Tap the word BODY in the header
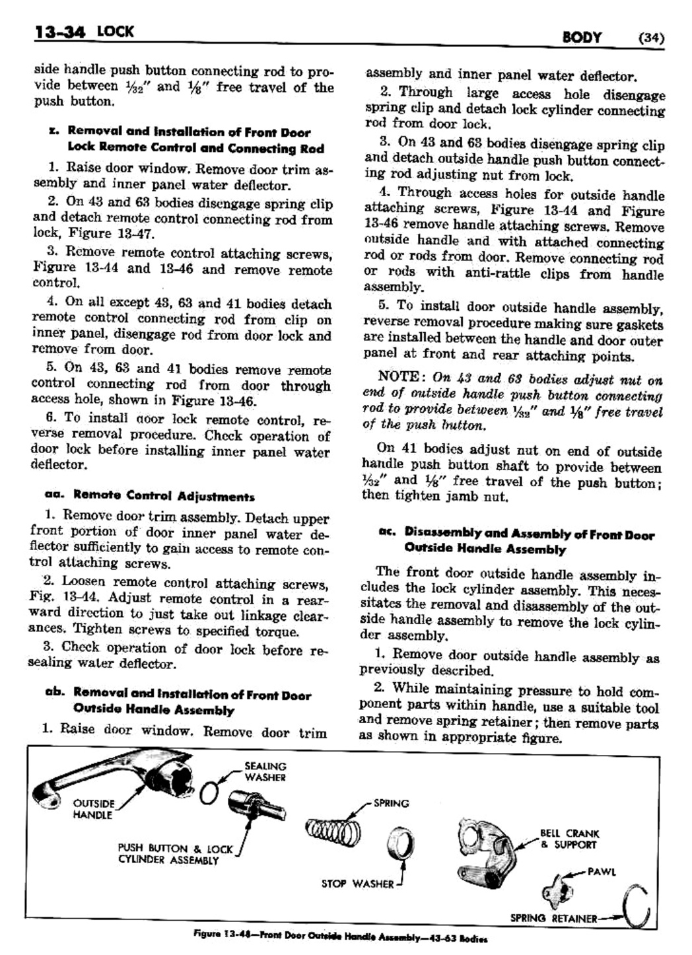(x=581, y=37)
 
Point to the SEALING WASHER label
(x=265, y=771)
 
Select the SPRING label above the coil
(x=391, y=804)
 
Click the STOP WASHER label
(x=357, y=884)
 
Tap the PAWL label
(x=601, y=872)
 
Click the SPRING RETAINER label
(x=553, y=918)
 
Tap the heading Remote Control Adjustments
(x=163, y=495)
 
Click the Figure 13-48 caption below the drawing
(x=340, y=937)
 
